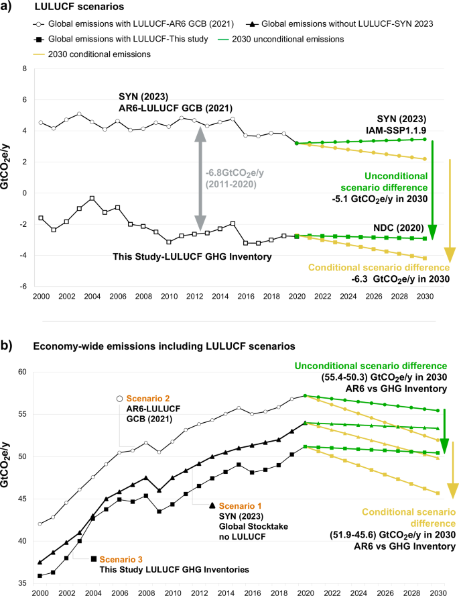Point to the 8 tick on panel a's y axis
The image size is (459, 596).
pyautogui.click(x=25, y=68)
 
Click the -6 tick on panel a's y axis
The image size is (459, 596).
pyautogui.click(x=23, y=286)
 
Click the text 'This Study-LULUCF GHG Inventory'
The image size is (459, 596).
pyautogui.click(x=168, y=256)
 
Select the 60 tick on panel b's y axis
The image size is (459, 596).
pyautogui.click(x=23, y=372)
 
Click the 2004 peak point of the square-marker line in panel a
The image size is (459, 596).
pyautogui.click(x=92, y=198)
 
